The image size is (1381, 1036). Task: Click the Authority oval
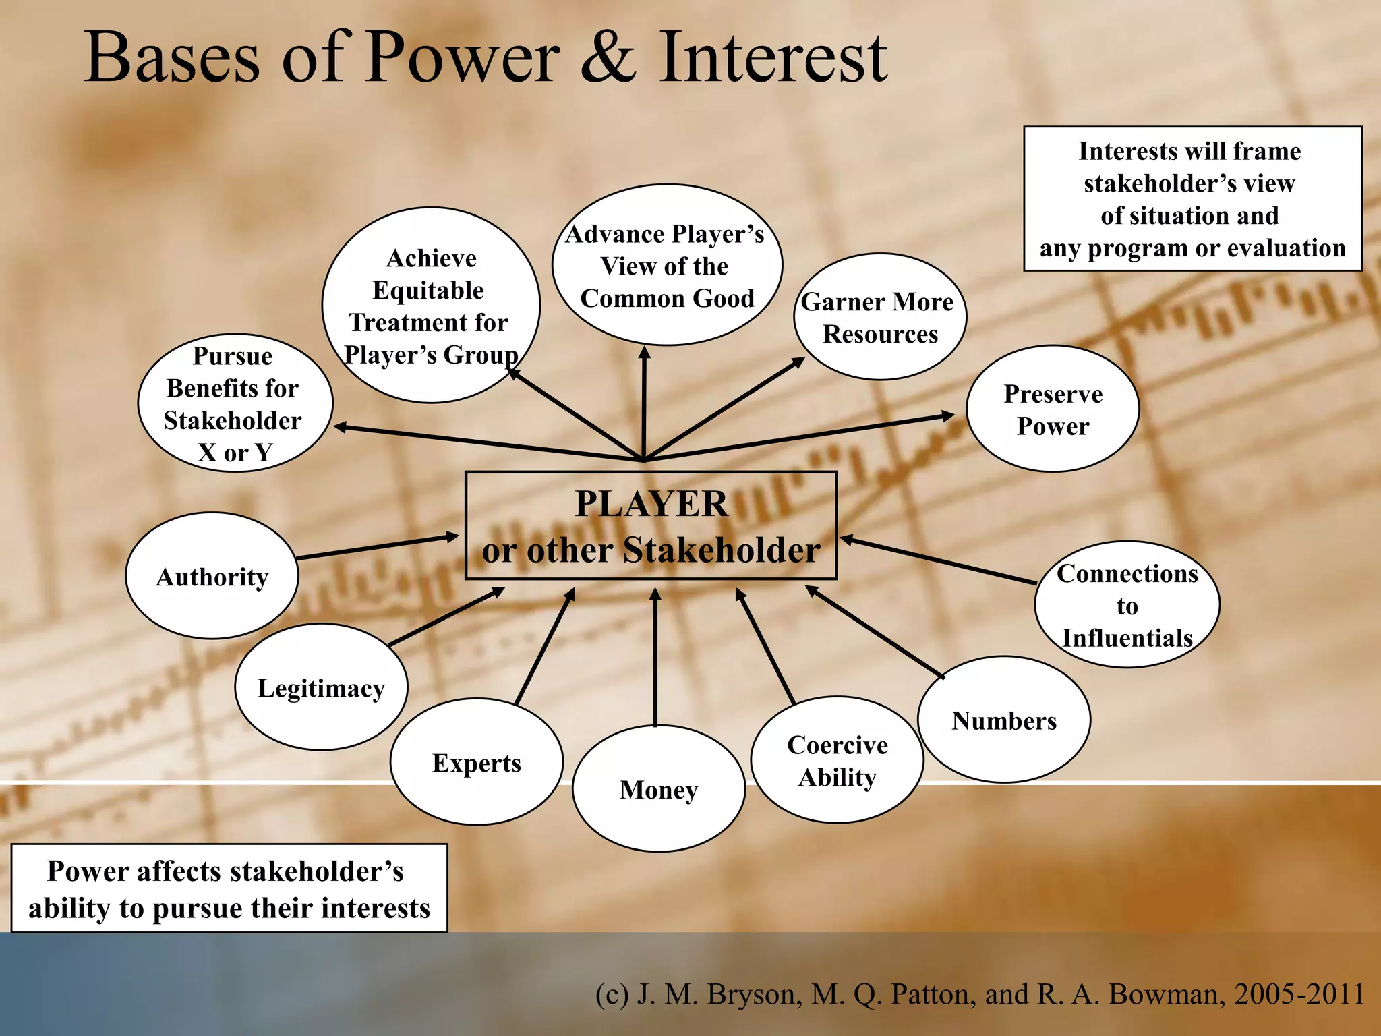[212, 576]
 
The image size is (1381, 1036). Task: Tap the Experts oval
[477, 762]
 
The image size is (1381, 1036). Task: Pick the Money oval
[659, 788]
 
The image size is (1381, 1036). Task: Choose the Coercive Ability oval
[837, 760]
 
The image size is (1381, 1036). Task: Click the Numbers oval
[1004, 720]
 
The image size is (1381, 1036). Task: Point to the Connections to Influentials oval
[1127, 605]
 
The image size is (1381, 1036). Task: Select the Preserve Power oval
[1053, 409]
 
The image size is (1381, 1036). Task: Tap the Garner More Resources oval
[879, 317]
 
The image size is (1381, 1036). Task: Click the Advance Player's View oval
[667, 266]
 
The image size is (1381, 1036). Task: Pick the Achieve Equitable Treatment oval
[430, 306]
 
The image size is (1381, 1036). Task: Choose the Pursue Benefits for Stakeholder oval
[234, 403]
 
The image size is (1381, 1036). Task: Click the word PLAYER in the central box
[651, 504]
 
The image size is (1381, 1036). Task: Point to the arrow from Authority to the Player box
[378, 547]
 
